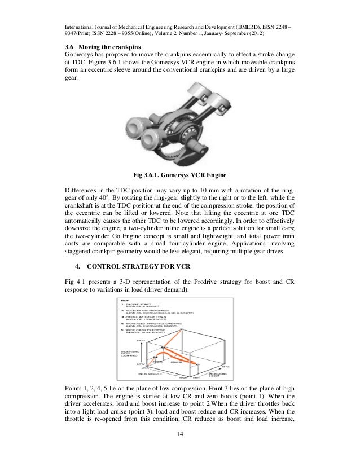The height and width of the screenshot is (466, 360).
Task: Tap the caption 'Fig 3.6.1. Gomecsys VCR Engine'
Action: click(x=180, y=174)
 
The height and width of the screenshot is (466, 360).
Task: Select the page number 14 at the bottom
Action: click(x=180, y=449)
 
